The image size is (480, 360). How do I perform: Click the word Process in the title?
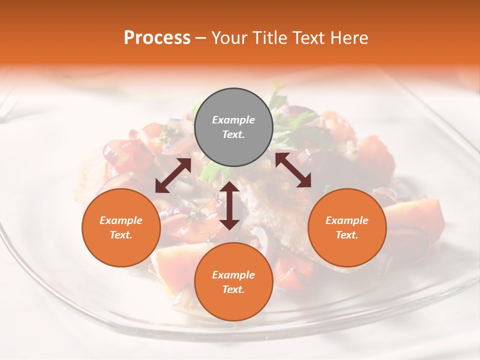point(157,38)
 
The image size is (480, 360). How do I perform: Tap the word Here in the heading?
point(348,38)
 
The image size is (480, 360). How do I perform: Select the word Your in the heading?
point(228,38)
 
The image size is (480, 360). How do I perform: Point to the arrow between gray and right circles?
point(293,170)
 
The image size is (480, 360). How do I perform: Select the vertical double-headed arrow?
point(229,205)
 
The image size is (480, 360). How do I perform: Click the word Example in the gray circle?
point(233,120)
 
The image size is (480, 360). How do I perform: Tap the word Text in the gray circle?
point(233,134)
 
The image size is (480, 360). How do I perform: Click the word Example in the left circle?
point(121,220)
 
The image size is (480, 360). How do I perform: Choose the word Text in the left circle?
point(121,235)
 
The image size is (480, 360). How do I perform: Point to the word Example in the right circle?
point(347,220)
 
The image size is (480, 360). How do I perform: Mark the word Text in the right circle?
point(347,235)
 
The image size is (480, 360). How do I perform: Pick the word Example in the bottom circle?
point(233,275)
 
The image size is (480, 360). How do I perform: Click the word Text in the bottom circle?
point(233,289)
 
